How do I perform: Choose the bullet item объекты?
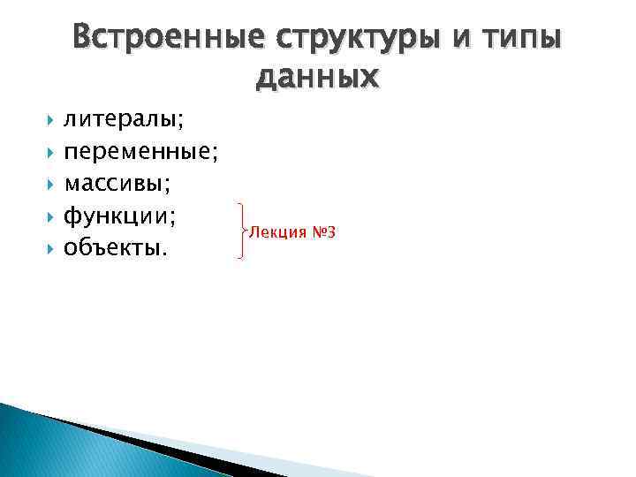click(115, 249)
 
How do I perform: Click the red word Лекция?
click(277, 232)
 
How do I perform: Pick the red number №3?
click(322, 232)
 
